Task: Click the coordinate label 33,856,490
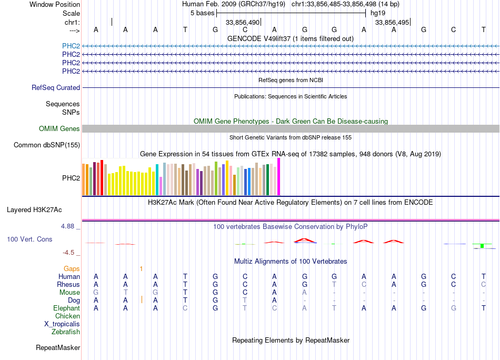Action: click(x=243, y=23)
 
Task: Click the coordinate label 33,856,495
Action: click(x=392, y=23)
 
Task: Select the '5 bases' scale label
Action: click(x=202, y=12)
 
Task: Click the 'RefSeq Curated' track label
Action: click(x=56, y=88)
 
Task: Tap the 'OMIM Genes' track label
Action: click(x=59, y=129)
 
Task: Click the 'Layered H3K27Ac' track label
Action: click(x=34, y=210)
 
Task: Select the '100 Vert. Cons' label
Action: click(x=29, y=239)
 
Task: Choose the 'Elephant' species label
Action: click(x=66, y=308)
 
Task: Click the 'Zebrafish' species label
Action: click(x=66, y=332)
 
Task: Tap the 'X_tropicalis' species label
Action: click(x=62, y=324)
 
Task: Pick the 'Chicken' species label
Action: click(x=67, y=316)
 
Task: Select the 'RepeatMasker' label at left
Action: click(x=58, y=348)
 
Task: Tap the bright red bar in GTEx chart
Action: click(x=102, y=178)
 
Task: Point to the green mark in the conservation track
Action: click(x=482, y=246)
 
